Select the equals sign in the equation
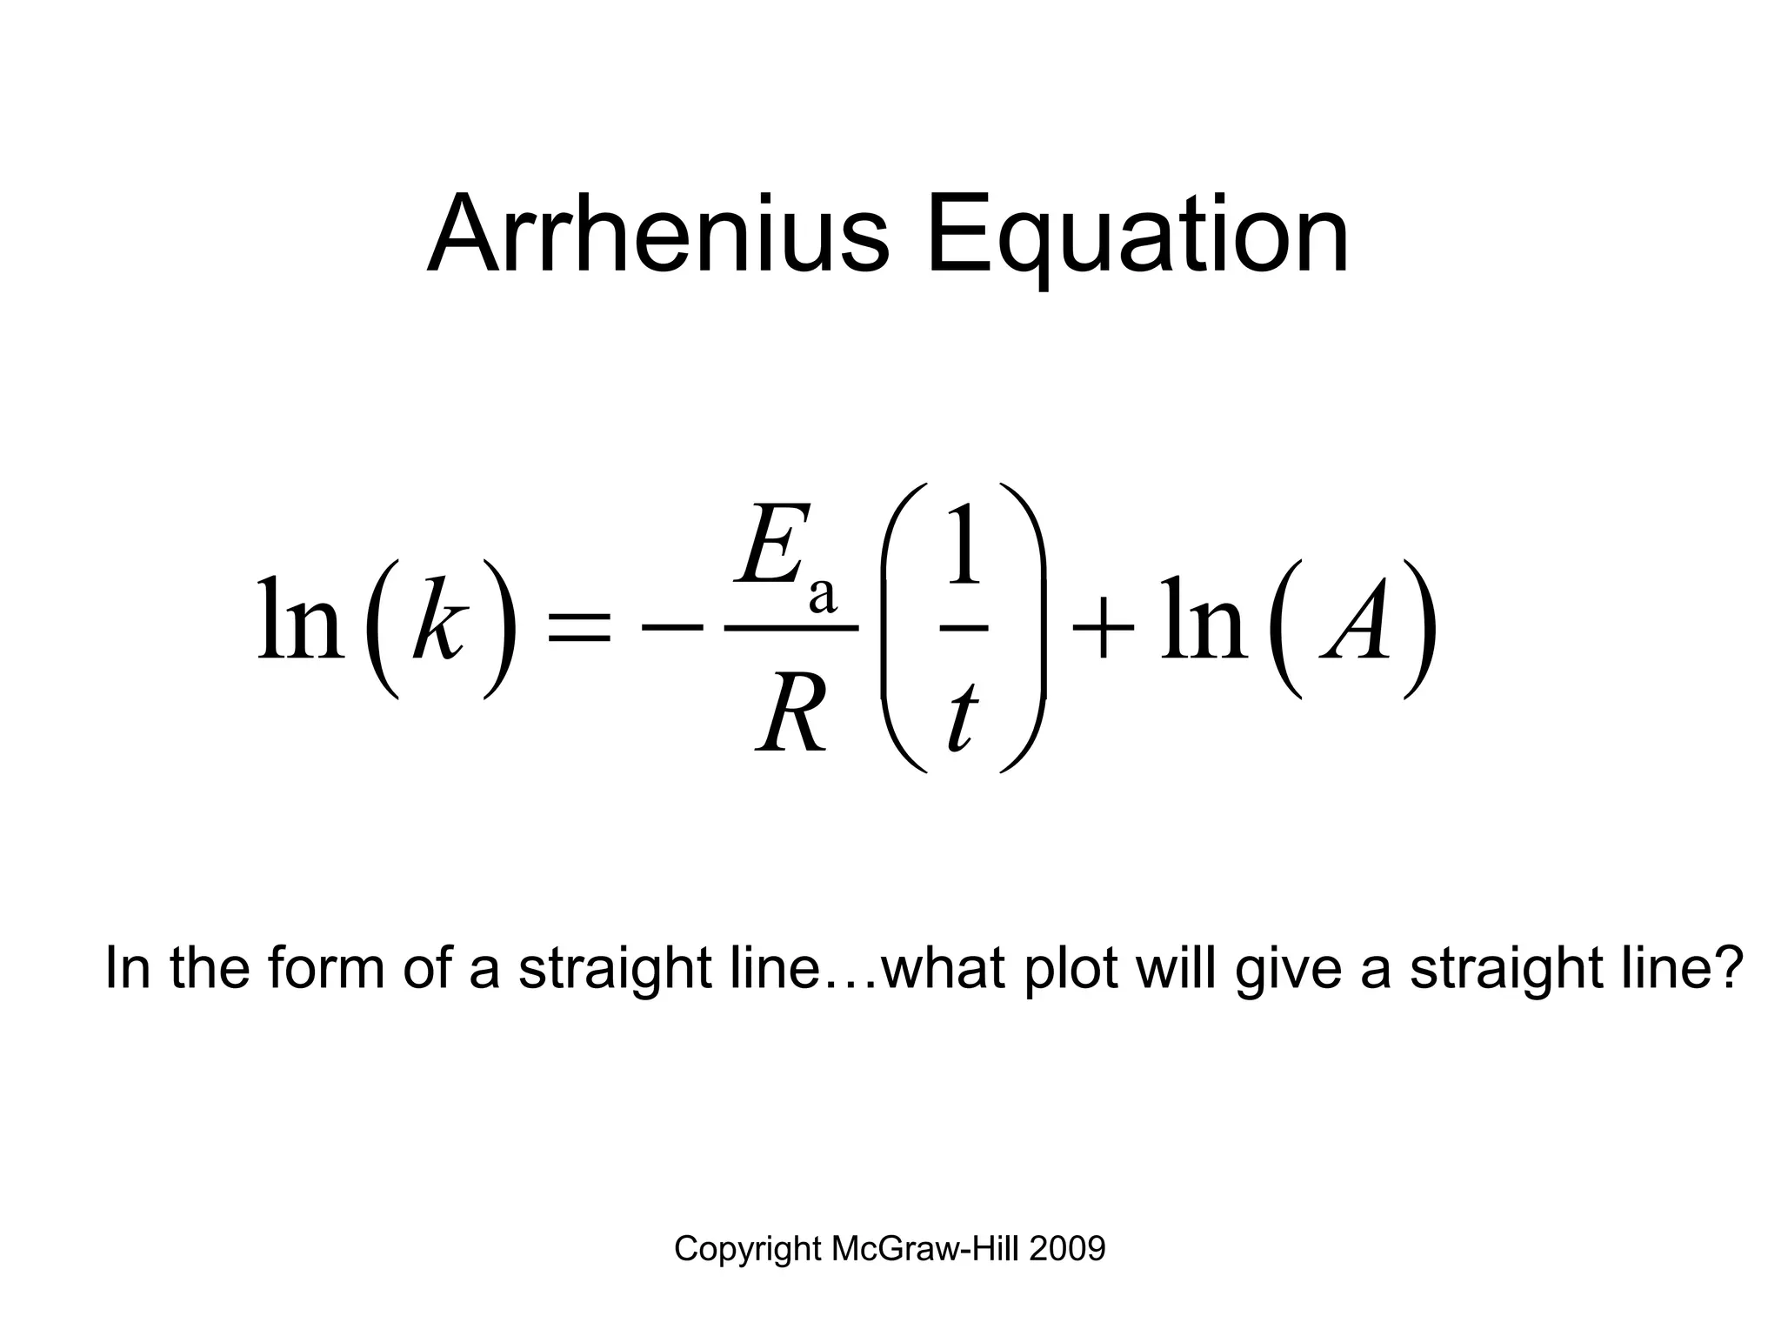577,629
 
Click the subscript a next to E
822,596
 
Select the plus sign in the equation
1104,628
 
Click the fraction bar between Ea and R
791,627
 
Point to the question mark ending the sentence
1728,967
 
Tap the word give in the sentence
1290,967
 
